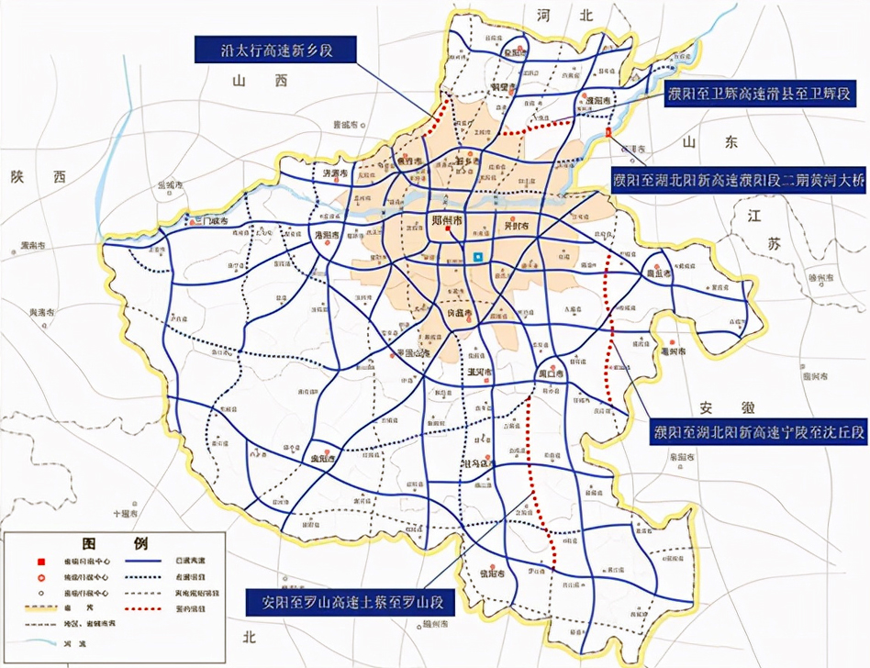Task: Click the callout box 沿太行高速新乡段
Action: point(275,50)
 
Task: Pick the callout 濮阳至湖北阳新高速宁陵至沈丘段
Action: point(759,431)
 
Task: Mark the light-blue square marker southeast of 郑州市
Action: point(477,258)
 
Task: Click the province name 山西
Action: point(248,82)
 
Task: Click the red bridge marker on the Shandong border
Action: point(610,135)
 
